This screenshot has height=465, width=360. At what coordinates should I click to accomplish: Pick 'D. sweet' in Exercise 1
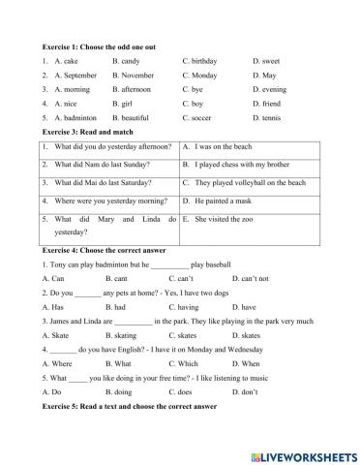(265, 60)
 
